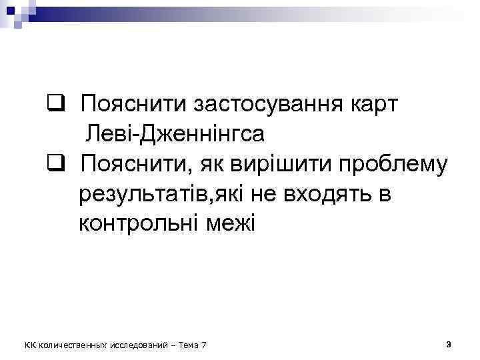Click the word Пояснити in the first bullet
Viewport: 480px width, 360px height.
[x=133, y=105]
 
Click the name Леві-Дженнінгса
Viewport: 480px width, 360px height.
[x=175, y=134]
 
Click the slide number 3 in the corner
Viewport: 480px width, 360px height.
[x=449, y=344]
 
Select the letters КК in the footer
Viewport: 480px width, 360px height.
[x=30, y=345]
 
